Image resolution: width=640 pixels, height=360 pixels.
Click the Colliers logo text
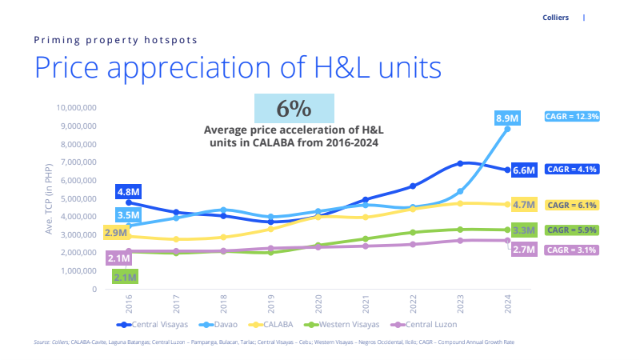[x=554, y=18]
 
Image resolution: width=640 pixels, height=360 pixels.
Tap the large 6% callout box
[x=294, y=108]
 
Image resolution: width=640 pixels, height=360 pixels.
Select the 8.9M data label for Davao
[x=507, y=118]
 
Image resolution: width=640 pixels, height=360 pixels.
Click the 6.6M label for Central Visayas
[x=524, y=170]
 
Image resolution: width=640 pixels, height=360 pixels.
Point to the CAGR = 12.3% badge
[x=572, y=116]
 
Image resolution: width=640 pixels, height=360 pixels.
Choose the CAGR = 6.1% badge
[x=572, y=206]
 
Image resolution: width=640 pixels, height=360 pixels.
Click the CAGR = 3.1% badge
[x=572, y=250]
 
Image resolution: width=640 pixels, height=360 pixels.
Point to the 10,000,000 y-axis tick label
[x=75, y=108]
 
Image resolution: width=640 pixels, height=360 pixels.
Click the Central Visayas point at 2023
[x=461, y=163]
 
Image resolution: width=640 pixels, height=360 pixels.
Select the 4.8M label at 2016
[x=129, y=192]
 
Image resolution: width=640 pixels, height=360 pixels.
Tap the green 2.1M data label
[x=125, y=277]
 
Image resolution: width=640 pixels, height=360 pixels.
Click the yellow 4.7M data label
[x=524, y=205]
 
